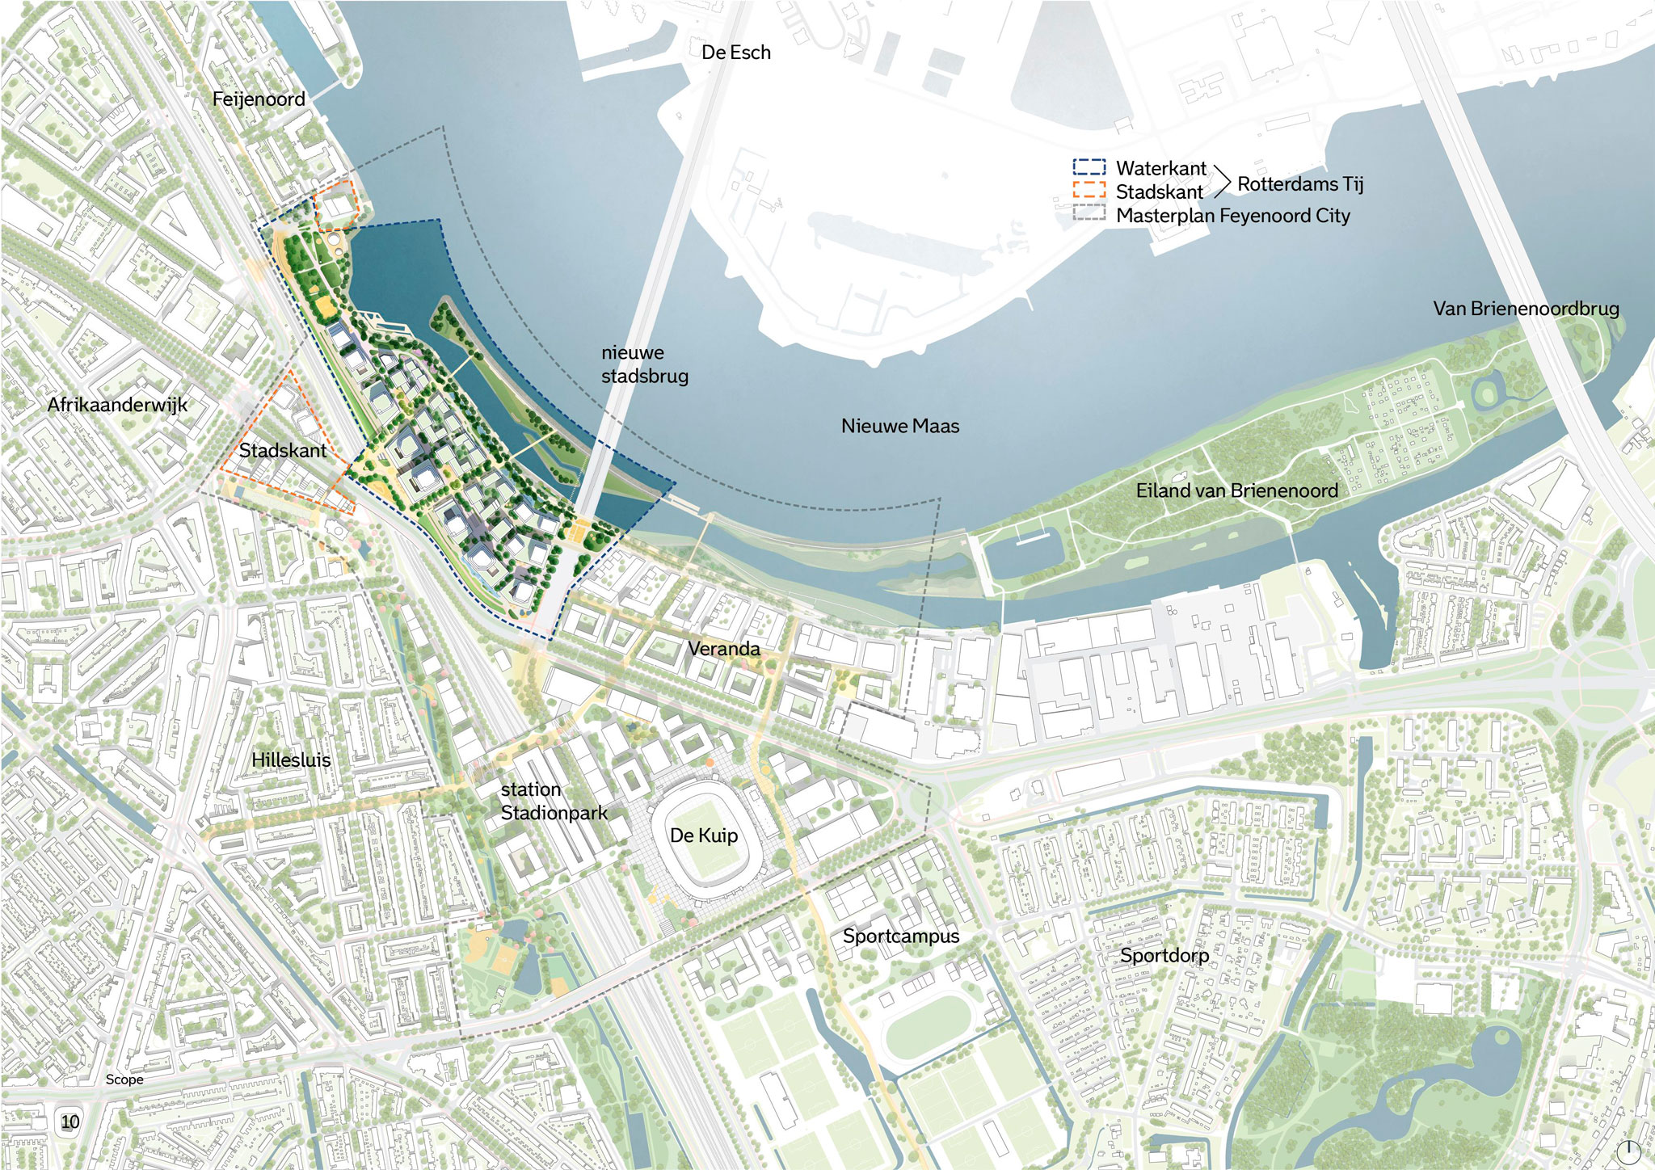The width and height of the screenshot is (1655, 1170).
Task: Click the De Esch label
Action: (735, 53)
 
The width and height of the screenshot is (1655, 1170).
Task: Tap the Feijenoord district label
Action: (259, 99)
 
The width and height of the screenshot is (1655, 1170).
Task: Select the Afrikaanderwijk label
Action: (117, 404)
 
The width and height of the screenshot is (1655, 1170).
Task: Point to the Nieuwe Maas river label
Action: (900, 426)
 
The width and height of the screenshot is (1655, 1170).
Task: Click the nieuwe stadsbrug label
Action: (644, 364)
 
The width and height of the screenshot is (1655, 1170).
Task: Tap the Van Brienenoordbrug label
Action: (1526, 309)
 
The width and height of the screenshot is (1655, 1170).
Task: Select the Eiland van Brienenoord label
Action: (1236, 490)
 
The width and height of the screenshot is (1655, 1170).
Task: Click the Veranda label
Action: (724, 648)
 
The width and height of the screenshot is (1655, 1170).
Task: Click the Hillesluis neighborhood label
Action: (291, 760)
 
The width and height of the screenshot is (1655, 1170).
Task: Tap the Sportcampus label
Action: (901, 936)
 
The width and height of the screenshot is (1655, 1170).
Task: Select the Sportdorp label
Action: (1164, 956)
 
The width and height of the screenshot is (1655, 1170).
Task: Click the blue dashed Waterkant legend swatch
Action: (1089, 167)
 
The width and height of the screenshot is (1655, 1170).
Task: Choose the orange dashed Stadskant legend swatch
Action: (1089, 191)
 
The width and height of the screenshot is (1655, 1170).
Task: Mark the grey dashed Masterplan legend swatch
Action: (1089, 213)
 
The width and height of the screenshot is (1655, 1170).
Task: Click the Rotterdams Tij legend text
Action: (1299, 184)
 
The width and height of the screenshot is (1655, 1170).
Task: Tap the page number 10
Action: (70, 1122)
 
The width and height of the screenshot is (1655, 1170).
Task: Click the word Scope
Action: (124, 1080)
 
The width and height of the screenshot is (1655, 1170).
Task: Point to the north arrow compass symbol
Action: (1628, 1151)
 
